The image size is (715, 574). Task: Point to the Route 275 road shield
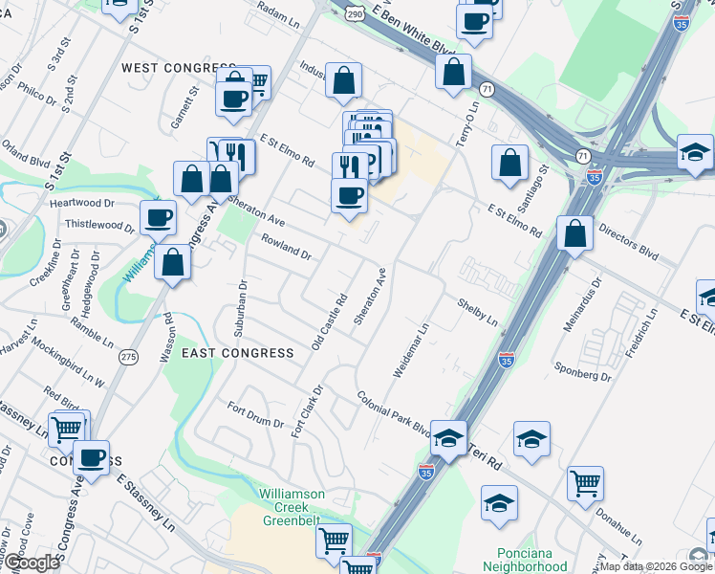point(128,356)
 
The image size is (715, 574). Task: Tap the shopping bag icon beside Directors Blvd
point(574,234)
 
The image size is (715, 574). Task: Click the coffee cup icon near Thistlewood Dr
point(158,216)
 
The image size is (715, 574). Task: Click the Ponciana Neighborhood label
point(532,560)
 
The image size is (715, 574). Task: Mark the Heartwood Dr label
point(81,203)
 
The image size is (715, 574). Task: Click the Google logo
point(31,563)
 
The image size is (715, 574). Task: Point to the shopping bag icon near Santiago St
point(510,162)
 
